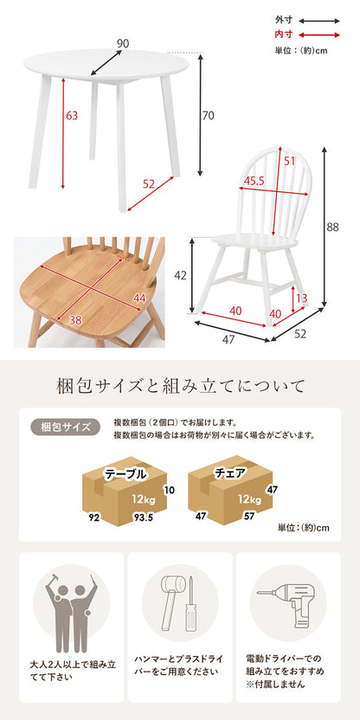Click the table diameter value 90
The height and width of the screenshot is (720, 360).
(123, 43)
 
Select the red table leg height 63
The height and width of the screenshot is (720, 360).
(72, 116)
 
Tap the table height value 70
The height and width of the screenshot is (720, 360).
(208, 116)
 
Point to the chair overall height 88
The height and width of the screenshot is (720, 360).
(333, 227)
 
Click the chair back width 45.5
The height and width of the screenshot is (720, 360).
(254, 181)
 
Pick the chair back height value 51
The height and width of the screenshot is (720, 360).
(289, 161)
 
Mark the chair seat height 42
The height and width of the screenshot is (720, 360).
(182, 275)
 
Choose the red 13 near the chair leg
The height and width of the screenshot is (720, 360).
(302, 299)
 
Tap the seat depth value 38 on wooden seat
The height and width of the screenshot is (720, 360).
(76, 319)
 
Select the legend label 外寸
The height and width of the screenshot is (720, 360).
(282, 21)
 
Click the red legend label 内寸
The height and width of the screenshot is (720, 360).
(282, 35)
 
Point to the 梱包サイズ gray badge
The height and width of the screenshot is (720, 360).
(65, 427)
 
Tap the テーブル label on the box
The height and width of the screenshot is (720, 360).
(125, 474)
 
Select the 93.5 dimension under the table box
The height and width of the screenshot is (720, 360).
(142, 517)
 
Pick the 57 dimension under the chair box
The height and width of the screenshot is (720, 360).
(250, 516)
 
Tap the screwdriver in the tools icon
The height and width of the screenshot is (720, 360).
(190, 604)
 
